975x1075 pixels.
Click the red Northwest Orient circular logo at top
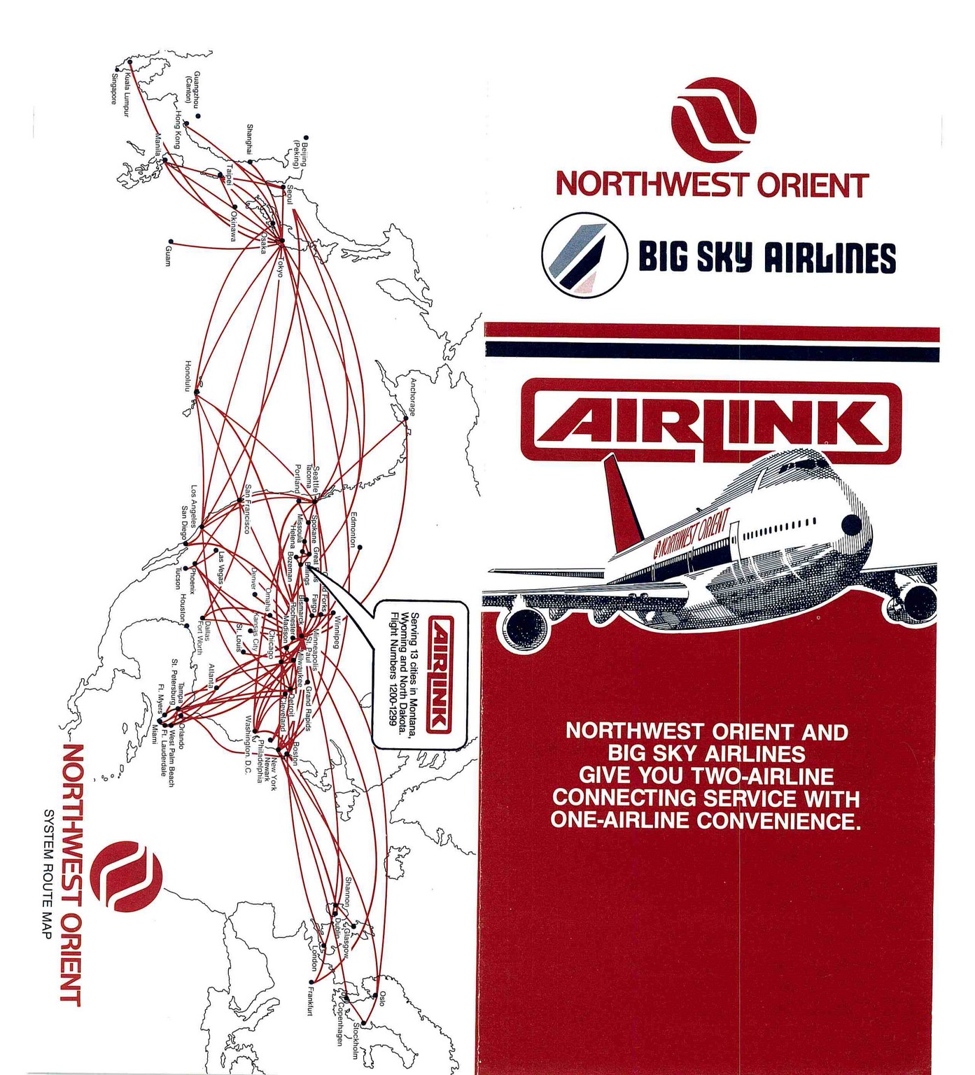[x=713, y=120]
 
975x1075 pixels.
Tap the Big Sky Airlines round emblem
[x=584, y=255]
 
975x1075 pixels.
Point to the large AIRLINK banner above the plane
[x=711, y=422]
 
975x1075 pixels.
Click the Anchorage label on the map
[x=413, y=397]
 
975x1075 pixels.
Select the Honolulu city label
[x=188, y=376]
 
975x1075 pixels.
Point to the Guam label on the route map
[x=167, y=255]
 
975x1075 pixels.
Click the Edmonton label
[x=353, y=529]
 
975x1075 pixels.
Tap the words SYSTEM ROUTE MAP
[x=50, y=874]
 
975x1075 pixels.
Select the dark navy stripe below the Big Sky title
[x=711, y=351]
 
